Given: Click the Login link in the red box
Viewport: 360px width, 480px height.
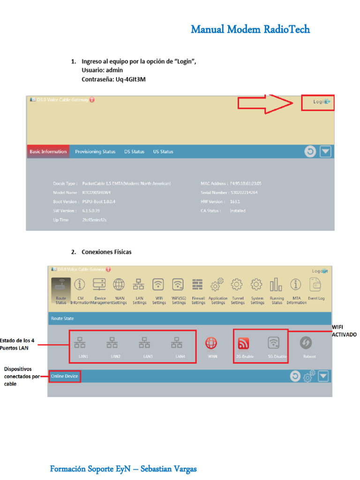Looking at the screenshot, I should pyautogui.click(x=320, y=102).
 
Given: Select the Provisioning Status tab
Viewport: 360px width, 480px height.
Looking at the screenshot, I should pyautogui.click(x=95, y=152).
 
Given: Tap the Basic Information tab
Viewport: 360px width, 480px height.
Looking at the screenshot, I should pyautogui.click(x=48, y=152).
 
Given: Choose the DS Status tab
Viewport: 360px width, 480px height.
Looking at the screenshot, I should pyautogui.click(x=134, y=152).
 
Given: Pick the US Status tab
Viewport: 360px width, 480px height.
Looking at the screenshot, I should pyautogui.click(x=163, y=152).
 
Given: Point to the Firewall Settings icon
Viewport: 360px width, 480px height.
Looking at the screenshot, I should pyautogui.click(x=198, y=285).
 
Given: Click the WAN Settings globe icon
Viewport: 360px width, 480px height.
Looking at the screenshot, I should pyautogui.click(x=119, y=285).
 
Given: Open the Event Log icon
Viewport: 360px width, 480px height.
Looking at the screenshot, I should pyautogui.click(x=316, y=285).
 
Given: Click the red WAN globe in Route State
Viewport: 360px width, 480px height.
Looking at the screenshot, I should pyautogui.click(x=212, y=344).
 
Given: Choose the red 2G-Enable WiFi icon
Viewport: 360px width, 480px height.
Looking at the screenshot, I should pyautogui.click(x=244, y=344).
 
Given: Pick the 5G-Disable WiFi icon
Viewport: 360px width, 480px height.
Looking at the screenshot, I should pyautogui.click(x=274, y=344).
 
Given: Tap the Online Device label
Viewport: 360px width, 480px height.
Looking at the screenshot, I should pyautogui.click(x=65, y=376).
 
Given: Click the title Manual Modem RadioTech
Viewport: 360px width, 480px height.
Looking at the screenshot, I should pyautogui.click(x=250, y=30).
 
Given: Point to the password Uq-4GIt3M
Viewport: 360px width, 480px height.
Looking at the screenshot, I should pyautogui.click(x=130, y=79).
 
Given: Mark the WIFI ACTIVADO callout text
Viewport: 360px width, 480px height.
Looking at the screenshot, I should pyautogui.click(x=344, y=331).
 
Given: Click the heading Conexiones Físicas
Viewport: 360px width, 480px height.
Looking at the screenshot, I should pyautogui.click(x=106, y=252).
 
